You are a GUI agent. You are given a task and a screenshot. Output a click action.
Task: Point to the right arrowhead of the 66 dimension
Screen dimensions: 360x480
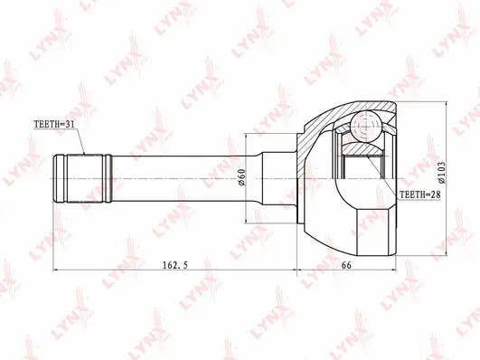pos(396,269)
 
